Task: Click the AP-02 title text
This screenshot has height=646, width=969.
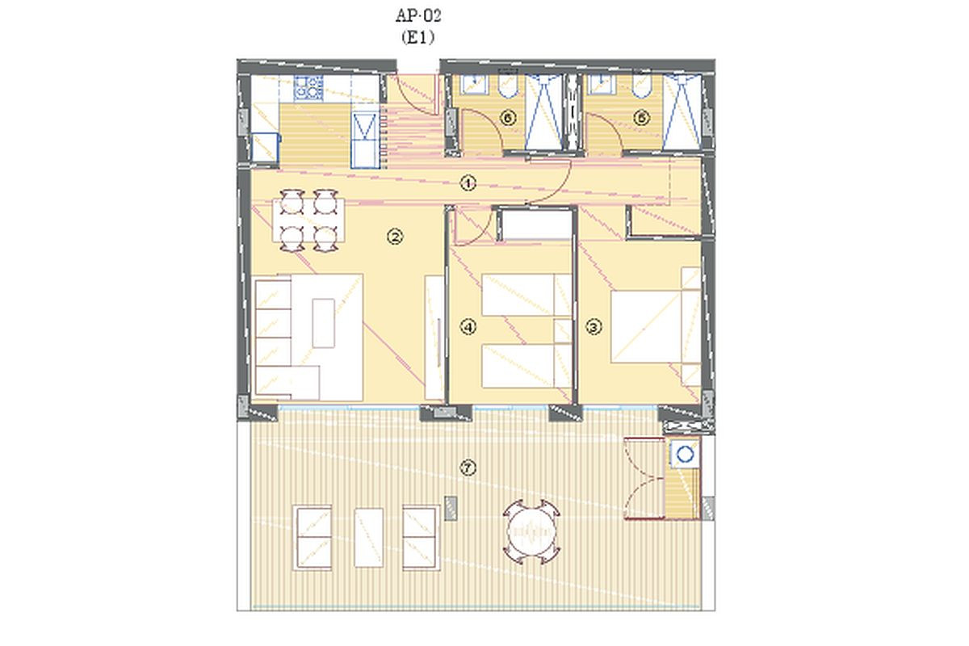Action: pyautogui.click(x=418, y=16)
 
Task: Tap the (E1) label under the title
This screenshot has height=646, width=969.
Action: pyautogui.click(x=417, y=38)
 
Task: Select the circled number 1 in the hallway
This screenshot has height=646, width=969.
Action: pyautogui.click(x=468, y=183)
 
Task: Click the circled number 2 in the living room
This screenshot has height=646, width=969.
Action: pyautogui.click(x=395, y=237)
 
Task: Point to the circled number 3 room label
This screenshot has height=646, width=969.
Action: pyautogui.click(x=594, y=327)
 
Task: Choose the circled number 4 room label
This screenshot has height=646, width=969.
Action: pyautogui.click(x=468, y=327)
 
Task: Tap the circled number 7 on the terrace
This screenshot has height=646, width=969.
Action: pyautogui.click(x=468, y=468)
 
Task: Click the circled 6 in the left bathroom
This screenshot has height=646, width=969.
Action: pyautogui.click(x=508, y=118)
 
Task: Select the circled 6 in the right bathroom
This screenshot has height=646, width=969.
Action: pyautogui.click(x=641, y=118)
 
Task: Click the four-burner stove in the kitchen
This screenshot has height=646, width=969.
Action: pyautogui.click(x=308, y=89)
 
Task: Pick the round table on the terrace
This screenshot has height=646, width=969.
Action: pyautogui.click(x=531, y=532)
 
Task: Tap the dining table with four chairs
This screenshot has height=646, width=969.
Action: pyautogui.click(x=308, y=220)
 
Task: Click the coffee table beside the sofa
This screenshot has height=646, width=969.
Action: pyautogui.click(x=324, y=323)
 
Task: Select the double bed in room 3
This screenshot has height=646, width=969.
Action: pyautogui.click(x=656, y=327)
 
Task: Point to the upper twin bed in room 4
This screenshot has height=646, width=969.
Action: pyautogui.click(x=526, y=295)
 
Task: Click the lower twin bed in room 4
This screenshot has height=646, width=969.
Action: pyautogui.click(x=526, y=366)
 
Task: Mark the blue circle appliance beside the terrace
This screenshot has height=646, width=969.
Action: pyautogui.click(x=685, y=455)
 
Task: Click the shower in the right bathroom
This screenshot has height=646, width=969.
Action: pyautogui.click(x=682, y=112)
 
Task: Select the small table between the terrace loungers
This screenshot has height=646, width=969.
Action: pyautogui.click(x=369, y=538)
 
